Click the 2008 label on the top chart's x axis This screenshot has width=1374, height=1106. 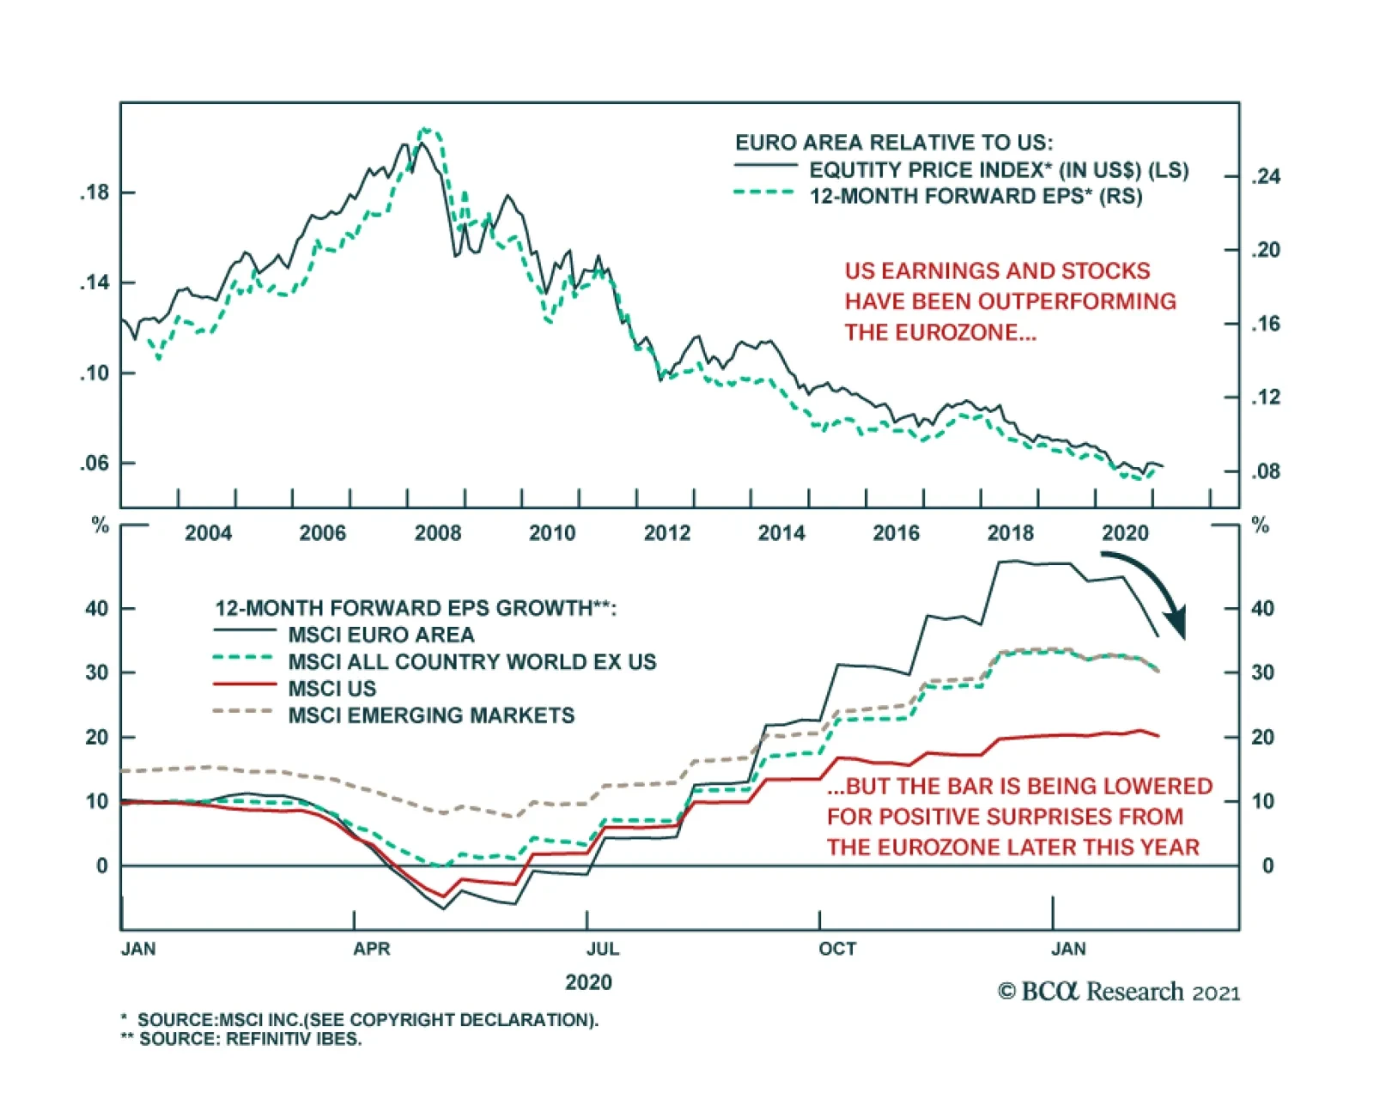[x=438, y=533]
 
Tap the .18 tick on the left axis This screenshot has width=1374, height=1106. [x=95, y=192]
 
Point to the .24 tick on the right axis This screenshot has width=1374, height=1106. [x=1265, y=177]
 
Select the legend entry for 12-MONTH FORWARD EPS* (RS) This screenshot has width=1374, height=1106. [x=975, y=196]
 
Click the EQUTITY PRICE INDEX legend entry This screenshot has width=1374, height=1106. [x=998, y=169]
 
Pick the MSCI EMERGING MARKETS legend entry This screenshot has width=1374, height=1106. [x=431, y=715]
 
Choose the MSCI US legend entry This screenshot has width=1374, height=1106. [x=332, y=689]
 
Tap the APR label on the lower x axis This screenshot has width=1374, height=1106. [x=372, y=949]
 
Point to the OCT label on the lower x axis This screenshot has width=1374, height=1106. [x=837, y=949]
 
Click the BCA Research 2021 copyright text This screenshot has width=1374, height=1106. [x=1119, y=992]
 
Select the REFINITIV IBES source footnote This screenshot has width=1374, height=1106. [x=250, y=1039]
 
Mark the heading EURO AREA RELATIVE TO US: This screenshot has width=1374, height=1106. [x=893, y=143]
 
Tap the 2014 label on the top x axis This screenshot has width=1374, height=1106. [x=781, y=533]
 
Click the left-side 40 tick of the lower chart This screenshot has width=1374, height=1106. [x=97, y=609]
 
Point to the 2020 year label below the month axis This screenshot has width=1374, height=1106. [x=588, y=982]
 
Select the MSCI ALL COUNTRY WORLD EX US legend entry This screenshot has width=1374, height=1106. [x=471, y=662]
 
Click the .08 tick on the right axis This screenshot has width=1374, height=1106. [x=1265, y=471]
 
